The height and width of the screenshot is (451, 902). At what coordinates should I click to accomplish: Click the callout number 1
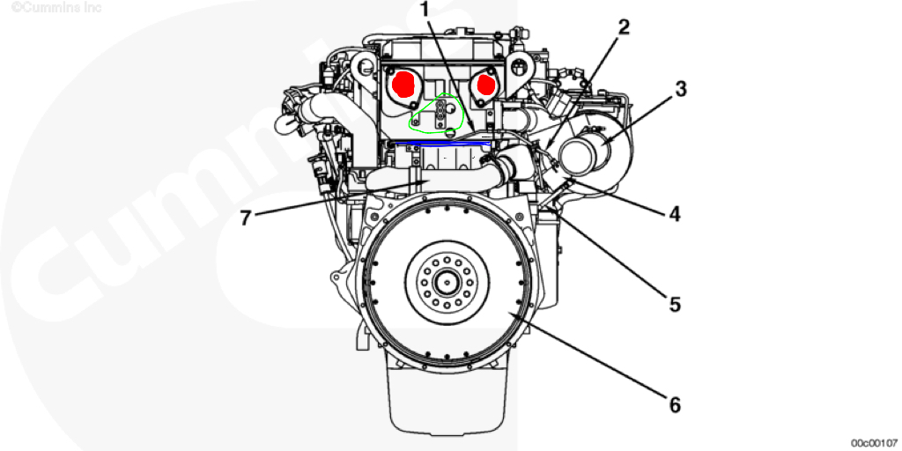pyautogui.click(x=424, y=11)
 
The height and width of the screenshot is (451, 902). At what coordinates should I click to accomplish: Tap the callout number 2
pyautogui.click(x=624, y=26)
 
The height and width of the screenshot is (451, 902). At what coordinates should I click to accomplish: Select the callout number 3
pyautogui.click(x=681, y=89)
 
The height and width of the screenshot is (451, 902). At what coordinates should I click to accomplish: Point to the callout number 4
pyautogui.click(x=674, y=213)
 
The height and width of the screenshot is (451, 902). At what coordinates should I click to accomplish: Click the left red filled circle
pyautogui.click(x=403, y=84)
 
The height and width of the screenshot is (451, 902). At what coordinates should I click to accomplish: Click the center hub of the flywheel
pyautogui.click(x=448, y=284)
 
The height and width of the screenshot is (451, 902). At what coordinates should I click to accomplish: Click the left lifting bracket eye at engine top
pyautogui.click(x=360, y=66)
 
